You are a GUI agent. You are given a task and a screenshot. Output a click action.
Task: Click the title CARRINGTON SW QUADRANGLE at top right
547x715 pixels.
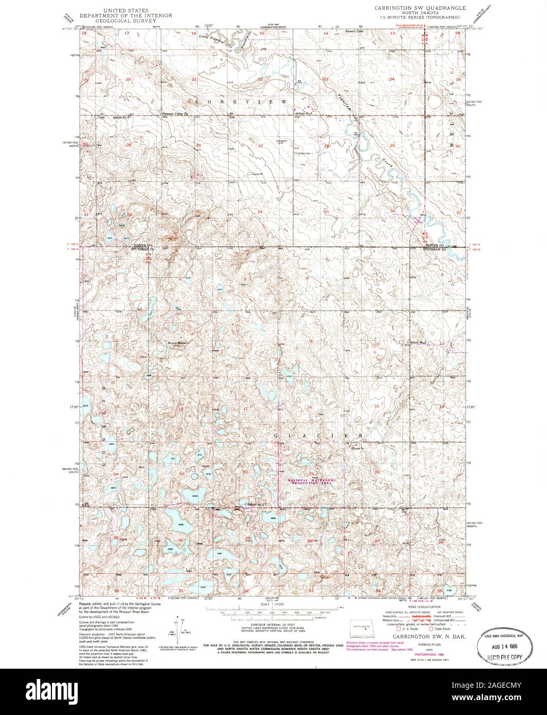pyautogui.click(x=421, y=8)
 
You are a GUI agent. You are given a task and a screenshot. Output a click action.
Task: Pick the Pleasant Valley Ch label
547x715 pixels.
pyautogui.click(x=176, y=114)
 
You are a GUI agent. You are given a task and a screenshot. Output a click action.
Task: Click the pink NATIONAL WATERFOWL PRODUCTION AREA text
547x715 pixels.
pyautogui.click(x=311, y=481)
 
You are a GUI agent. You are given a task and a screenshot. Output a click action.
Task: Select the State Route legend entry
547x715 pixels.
pyautogui.click(x=441, y=629)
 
